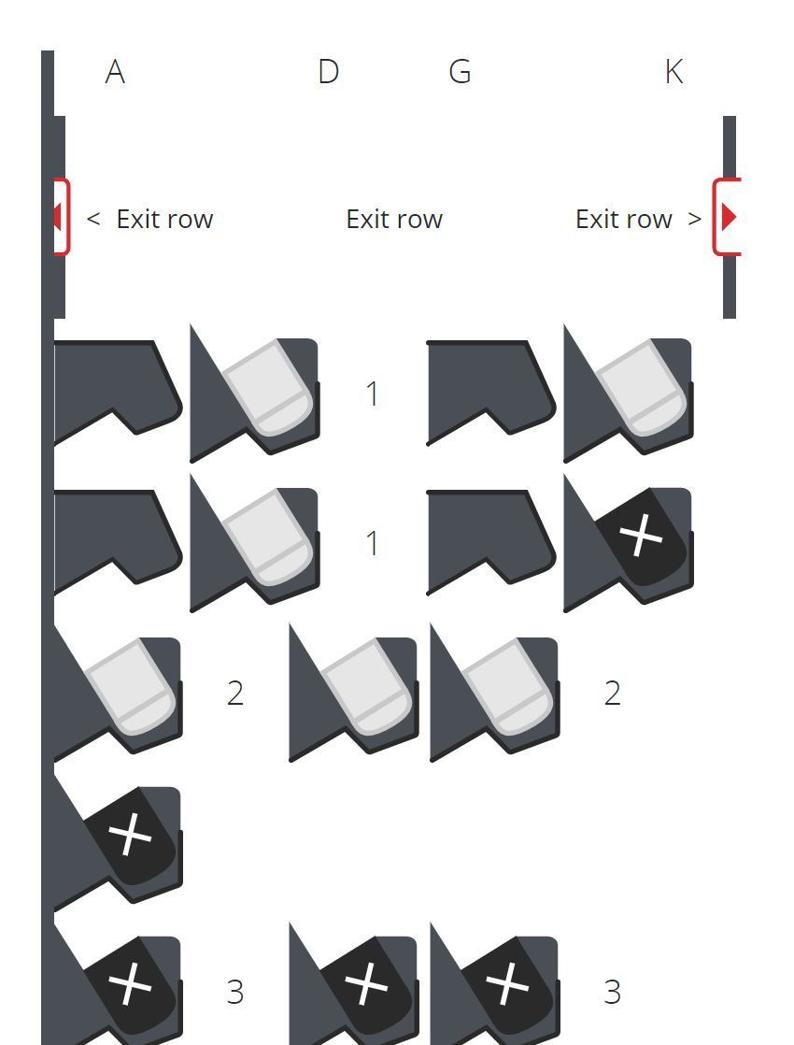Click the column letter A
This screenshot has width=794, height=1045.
pos(115,72)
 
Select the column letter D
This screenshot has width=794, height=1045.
pos(328,72)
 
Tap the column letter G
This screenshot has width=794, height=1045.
pos(460,72)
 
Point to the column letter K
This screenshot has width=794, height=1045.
pos(674,72)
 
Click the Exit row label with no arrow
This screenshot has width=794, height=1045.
pos(394,220)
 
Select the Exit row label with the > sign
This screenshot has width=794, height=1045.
pos(638,220)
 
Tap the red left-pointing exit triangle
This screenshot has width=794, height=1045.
pos(57,217)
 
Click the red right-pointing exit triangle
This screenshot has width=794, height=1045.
pos(730,217)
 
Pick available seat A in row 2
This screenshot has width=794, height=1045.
pos(118,694)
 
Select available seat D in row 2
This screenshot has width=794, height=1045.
pos(354,694)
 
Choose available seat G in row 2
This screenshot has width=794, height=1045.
pos(495,694)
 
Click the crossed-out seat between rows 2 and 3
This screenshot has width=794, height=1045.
pos(118,842)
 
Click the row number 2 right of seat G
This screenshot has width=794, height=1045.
pos(612,694)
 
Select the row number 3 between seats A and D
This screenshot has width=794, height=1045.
pos(235,993)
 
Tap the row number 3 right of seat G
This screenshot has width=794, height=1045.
pos(612,993)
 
